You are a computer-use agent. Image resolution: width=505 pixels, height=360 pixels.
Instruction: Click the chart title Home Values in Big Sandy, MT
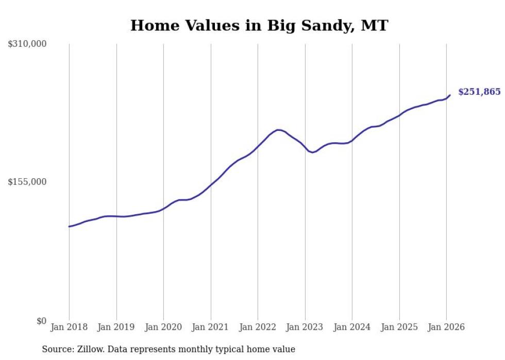click(259, 25)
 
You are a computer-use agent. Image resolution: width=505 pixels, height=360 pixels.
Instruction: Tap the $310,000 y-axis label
click(27, 44)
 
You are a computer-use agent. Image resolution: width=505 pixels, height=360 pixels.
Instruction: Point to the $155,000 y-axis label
click(27, 182)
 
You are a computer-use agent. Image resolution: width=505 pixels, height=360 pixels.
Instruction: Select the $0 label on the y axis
click(41, 321)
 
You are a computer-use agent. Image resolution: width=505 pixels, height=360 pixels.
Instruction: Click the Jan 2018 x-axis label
click(69, 328)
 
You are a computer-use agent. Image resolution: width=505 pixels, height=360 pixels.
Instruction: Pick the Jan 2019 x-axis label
click(116, 328)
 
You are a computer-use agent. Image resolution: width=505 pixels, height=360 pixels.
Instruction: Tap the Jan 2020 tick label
click(163, 328)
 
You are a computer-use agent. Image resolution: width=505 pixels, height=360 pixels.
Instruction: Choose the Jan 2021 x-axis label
click(211, 328)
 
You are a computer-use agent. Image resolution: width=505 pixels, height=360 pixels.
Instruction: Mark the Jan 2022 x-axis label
click(258, 328)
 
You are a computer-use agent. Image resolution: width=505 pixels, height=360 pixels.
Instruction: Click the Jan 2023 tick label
click(305, 328)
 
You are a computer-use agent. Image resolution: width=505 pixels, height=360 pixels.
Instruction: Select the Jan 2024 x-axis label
click(352, 328)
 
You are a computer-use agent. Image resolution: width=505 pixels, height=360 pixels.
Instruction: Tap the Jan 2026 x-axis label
click(446, 328)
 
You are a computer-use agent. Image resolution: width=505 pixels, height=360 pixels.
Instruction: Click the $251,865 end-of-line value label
click(479, 92)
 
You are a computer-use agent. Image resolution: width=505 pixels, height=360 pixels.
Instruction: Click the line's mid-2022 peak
click(278, 130)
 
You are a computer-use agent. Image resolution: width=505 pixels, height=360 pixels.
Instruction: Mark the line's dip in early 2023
click(312, 152)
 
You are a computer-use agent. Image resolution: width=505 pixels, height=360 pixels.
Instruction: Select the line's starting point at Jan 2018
click(69, 227)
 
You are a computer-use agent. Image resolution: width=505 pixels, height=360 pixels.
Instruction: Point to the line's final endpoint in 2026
click(450, 95)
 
